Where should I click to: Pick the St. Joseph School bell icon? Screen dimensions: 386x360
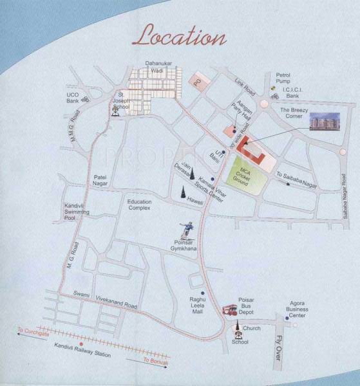point(115,110)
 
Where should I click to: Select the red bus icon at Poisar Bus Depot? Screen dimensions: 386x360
point(229,309)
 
